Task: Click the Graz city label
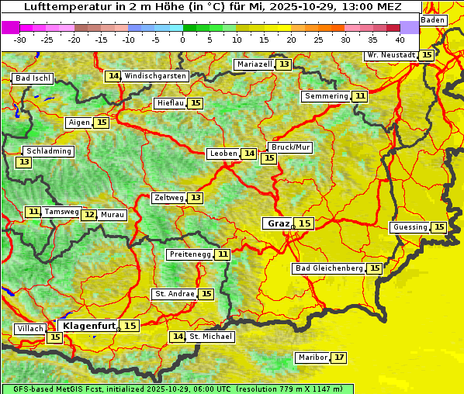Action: pyautogui.click(x=278, y=223)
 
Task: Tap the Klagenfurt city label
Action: pyautogui.click(x=88, y=327)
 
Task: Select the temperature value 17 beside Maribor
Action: pyautogui.click(x=339, y=358)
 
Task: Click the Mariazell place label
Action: pyautogui.click(x=255, y=64)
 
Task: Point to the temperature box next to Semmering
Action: pyautogui.click(x=359, y=96)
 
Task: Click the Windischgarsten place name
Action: pyautogui.click(x=155, y=76)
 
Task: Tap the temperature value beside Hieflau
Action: pyautogui.click(x=196, y=103)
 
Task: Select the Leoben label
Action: pyautogui.click(x=223, y=154)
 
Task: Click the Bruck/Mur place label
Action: pyautogui.click(x=289, y=147)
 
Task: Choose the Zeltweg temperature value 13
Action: pyautogui.click(x=196, y=198)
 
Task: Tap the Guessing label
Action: pyautogui.click(x=410, y=227)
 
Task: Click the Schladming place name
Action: pyautogui.click(x=48, y=151)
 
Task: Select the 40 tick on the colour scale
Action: pyautogui.click(x=399, y=39)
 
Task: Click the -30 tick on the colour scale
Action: pyautogui.click(x=20, y=39)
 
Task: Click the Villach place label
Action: pyautogui.click(x=30, y=329)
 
